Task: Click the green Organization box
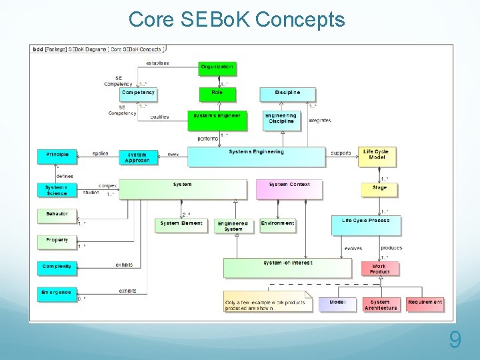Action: pos(217,68)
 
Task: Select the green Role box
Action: pos(217,94)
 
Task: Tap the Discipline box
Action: pos(287,94)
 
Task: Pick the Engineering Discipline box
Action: pos(281,119)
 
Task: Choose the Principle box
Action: pos(57,156)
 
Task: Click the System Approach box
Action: pos(137,157)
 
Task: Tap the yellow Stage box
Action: pos(379,189)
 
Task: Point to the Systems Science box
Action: pos(57,190)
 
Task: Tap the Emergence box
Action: pos(57,294)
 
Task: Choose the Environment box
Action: pos(278,225)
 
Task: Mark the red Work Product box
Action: pos(379,269)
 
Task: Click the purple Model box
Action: pos(337,304)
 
